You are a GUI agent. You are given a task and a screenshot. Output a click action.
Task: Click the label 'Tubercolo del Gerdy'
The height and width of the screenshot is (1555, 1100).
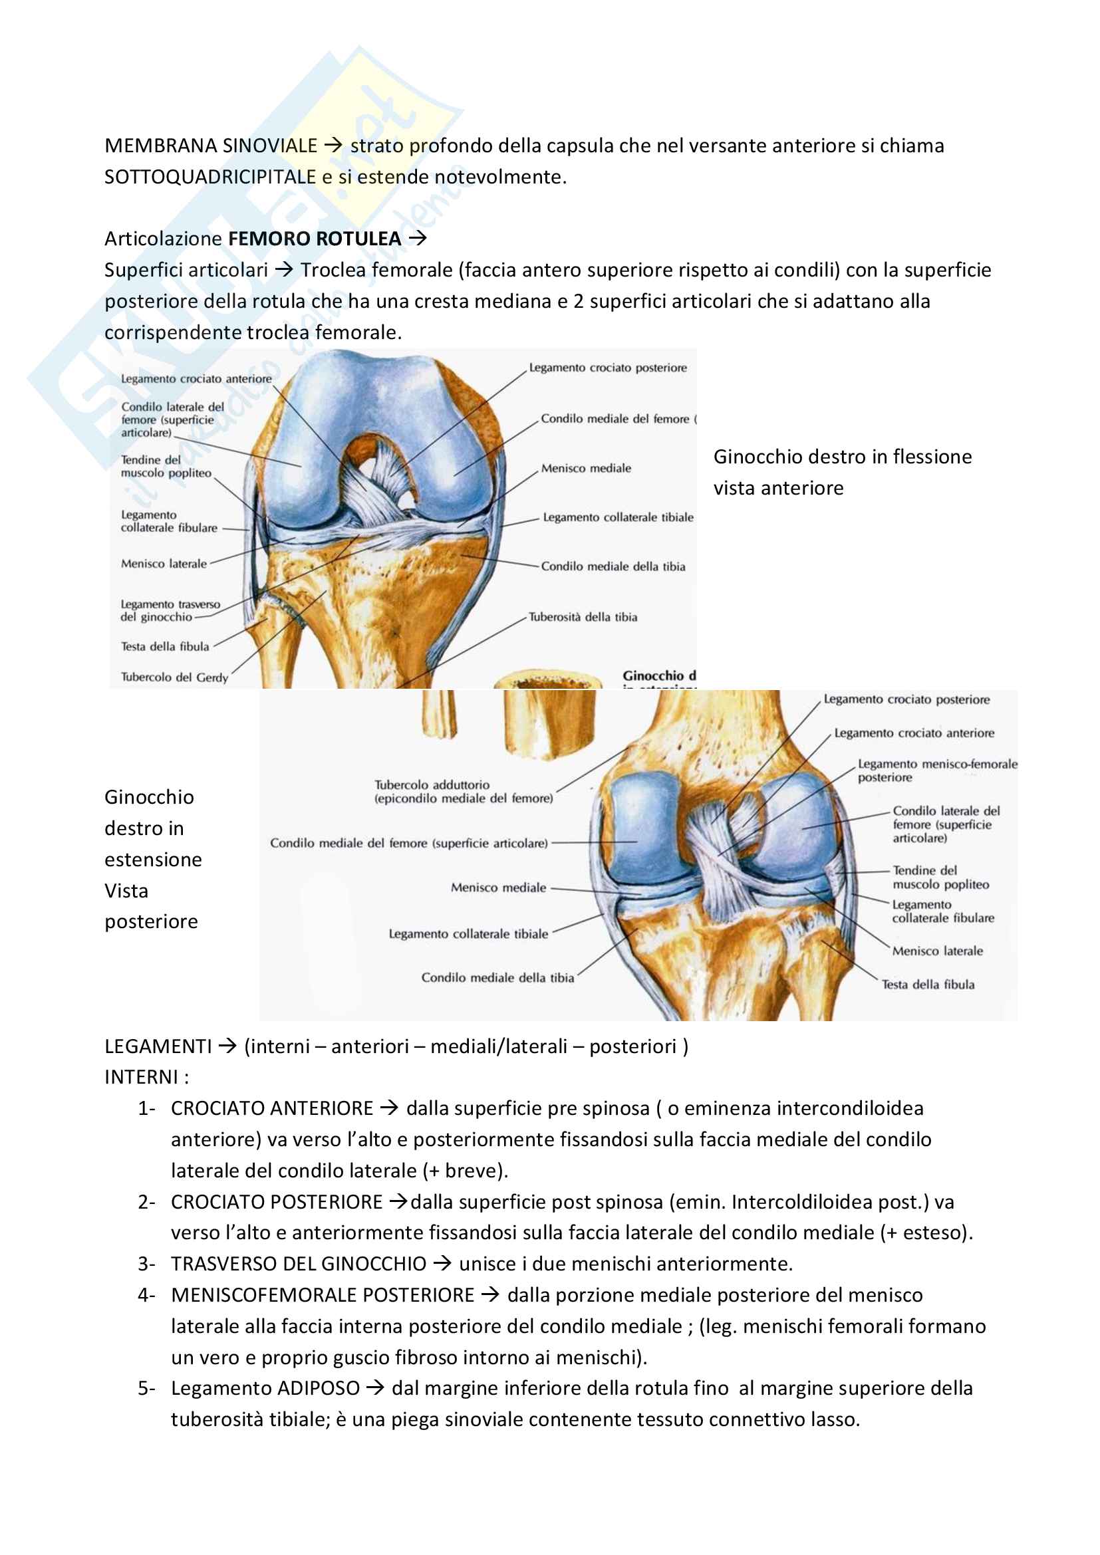pyautogui.click(x=174, y=677)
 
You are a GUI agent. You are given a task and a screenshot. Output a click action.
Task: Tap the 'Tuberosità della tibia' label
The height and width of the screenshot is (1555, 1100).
pyautogui.click(x=583, y=617)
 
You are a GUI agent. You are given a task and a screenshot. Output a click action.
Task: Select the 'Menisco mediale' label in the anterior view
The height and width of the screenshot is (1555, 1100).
pyautogui.click(x=586, y=468)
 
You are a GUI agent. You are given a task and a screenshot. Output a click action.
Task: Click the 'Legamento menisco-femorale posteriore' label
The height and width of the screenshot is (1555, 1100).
pyautogui.click(x=938, y=770)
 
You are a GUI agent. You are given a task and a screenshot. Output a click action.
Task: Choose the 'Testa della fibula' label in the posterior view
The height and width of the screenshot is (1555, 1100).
pyautogui.click(x=928, y=984)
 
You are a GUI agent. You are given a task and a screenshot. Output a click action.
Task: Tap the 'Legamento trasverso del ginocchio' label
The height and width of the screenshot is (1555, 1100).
pyautogui.click(x=170, y=610)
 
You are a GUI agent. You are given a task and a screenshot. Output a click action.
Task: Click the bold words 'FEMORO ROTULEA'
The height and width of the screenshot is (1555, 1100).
pyautogui.click(x=315, y=239)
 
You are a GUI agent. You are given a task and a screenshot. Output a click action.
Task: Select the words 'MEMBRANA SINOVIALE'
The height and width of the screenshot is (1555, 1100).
pyautogui.click(x=211, y=146)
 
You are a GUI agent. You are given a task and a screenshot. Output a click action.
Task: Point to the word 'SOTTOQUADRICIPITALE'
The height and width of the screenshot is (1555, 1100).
pyautogui.click(x=210, y=177)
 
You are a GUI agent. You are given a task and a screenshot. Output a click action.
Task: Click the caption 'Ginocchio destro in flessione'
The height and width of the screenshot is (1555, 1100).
pyautogui.click(x=842, y=457)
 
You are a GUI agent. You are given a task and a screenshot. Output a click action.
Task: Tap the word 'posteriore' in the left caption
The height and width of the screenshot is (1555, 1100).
pyautogui.click(x=151, y=921)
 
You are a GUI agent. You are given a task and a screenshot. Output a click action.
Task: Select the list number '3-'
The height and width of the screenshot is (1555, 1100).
pyautogui.click(x=146, y=1264)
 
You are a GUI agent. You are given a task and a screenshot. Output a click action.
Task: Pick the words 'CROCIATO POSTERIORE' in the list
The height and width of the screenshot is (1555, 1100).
pyautogui.click(x=277, y=1201)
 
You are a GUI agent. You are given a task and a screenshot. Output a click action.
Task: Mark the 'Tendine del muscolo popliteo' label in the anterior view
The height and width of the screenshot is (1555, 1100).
pyautogui.click(x=166, y=466)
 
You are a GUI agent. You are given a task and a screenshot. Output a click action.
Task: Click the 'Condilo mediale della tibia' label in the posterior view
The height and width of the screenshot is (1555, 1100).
pyautogui.click(x=497, y=977)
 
